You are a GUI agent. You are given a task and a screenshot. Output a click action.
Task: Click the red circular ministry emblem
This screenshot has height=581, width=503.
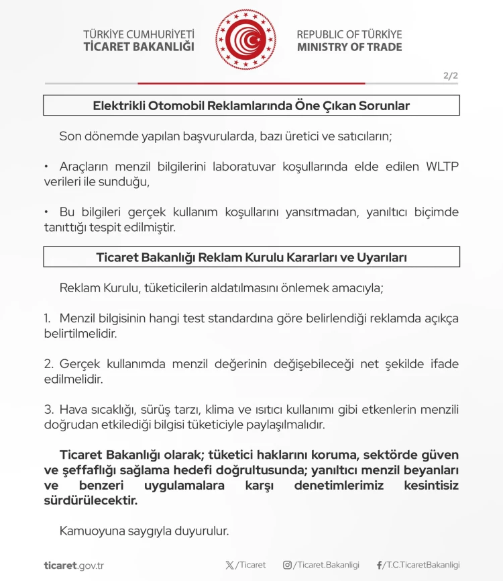coord(245,40)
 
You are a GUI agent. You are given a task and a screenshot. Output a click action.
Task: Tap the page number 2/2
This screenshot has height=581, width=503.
coord(451,76)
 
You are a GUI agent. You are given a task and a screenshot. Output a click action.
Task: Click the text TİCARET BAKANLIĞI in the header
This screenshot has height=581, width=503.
coord(139,47)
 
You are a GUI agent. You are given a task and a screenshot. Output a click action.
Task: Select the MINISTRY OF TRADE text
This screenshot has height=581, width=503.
coord(349,47)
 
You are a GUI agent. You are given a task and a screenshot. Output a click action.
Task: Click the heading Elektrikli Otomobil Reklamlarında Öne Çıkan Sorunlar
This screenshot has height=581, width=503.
coord(251,105)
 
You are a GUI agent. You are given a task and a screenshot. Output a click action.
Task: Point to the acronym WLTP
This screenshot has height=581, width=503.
coord(442,167)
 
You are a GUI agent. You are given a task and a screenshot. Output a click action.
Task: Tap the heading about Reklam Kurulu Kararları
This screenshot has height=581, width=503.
coord(251,257)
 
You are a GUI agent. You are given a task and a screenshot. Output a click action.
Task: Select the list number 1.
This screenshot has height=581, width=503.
coord(47,318)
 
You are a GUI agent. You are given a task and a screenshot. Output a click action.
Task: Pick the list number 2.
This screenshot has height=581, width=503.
coord(48,363)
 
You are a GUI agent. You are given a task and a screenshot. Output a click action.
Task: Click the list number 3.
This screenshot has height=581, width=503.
coord(48,409)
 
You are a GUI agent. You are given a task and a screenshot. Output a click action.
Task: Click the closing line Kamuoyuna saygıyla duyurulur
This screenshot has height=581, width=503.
coord(144,531)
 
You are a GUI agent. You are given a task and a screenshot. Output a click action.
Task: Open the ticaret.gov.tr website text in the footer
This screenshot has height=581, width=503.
coord(74,565)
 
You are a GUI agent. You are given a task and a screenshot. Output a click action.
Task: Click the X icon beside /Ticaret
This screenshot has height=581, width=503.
coord(230,565)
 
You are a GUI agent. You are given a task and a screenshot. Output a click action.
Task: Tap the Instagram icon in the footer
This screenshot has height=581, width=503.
coord(287,565)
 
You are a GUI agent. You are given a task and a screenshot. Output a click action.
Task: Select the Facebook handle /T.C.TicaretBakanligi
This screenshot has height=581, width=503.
coord(421,565)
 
